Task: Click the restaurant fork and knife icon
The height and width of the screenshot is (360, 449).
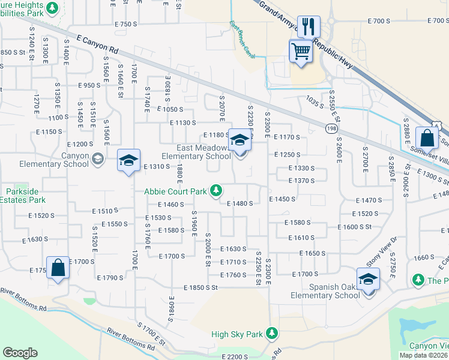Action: [x=309, y=26]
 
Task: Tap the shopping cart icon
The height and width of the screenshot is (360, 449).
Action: [x=300, y=50]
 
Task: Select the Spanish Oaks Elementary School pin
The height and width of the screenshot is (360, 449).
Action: [x=368, y=278]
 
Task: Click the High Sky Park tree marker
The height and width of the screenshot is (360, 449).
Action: [x=272, y=333]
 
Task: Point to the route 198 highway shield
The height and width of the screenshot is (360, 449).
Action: [x=332, y=129]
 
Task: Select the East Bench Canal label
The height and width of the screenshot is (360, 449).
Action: [x=242, y=41]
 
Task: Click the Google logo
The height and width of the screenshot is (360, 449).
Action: [x=20, y=353]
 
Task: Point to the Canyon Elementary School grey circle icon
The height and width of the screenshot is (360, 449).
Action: [x=98, y=158]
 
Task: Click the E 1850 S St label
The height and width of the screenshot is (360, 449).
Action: [x=200, y=288]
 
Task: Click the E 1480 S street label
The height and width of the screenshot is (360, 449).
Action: [x=240, y=203]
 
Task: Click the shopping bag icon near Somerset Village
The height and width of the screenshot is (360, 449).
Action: [x=427, y=138]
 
